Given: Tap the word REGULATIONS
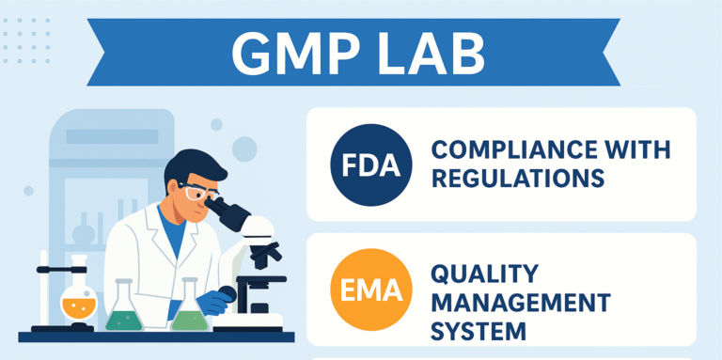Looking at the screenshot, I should click(516, 178).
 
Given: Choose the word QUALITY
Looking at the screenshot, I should click(483, 274).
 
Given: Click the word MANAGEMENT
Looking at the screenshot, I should click(520, 303).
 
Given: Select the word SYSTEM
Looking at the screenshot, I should click(478, 331).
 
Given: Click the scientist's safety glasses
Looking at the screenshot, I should click(197, 194).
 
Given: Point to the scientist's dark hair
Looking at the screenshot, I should click(193, 167).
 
